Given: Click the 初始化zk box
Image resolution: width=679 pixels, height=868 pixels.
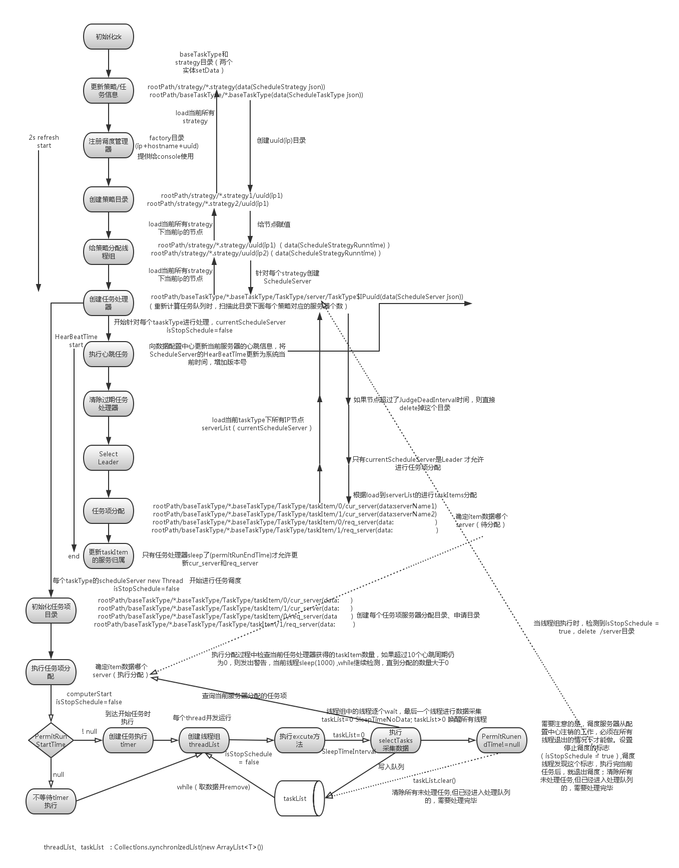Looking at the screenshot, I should [x=109, y=37].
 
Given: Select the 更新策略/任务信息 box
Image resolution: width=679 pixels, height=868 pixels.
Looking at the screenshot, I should [x=109, y=91].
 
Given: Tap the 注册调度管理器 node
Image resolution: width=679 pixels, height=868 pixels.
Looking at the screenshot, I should [x=109, y=145].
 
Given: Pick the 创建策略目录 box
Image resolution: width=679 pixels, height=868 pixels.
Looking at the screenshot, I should [x=109, y=199].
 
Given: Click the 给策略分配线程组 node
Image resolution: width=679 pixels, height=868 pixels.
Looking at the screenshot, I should [x=109, y=252].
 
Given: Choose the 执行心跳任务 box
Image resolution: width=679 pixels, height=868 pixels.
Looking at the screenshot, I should [x=109, y=354].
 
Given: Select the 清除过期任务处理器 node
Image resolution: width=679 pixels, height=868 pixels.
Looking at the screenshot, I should [x=109, y=404].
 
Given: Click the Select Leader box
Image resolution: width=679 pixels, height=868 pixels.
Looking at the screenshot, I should [x=109, y=458].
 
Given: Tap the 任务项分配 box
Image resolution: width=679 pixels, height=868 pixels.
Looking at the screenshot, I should [x=109, y=511].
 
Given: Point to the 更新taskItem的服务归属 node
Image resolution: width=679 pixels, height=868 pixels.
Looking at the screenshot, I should [x=109, y=556].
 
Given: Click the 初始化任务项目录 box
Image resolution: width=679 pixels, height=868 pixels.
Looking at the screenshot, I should [x=51, y=610].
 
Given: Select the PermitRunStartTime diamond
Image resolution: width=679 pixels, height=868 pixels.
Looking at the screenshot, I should [x=51, y=740].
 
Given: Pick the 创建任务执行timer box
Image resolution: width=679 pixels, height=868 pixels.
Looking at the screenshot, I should [x=128, y=740].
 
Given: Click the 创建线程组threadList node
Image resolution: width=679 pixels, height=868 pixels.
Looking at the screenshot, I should [x=204, y=740].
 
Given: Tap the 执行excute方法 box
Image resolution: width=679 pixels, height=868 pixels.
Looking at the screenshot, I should [x=299, y=740].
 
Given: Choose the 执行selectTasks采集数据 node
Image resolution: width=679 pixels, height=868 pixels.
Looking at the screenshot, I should [x=395, y=740].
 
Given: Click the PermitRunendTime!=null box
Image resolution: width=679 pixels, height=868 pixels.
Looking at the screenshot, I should [x=501, y=740].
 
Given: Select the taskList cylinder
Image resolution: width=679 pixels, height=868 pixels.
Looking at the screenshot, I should [x=298, y=798].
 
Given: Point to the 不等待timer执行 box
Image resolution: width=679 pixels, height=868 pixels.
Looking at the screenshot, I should [x=51, y=801].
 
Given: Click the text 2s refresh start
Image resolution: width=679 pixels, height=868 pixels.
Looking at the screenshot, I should [x=44, y=141].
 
